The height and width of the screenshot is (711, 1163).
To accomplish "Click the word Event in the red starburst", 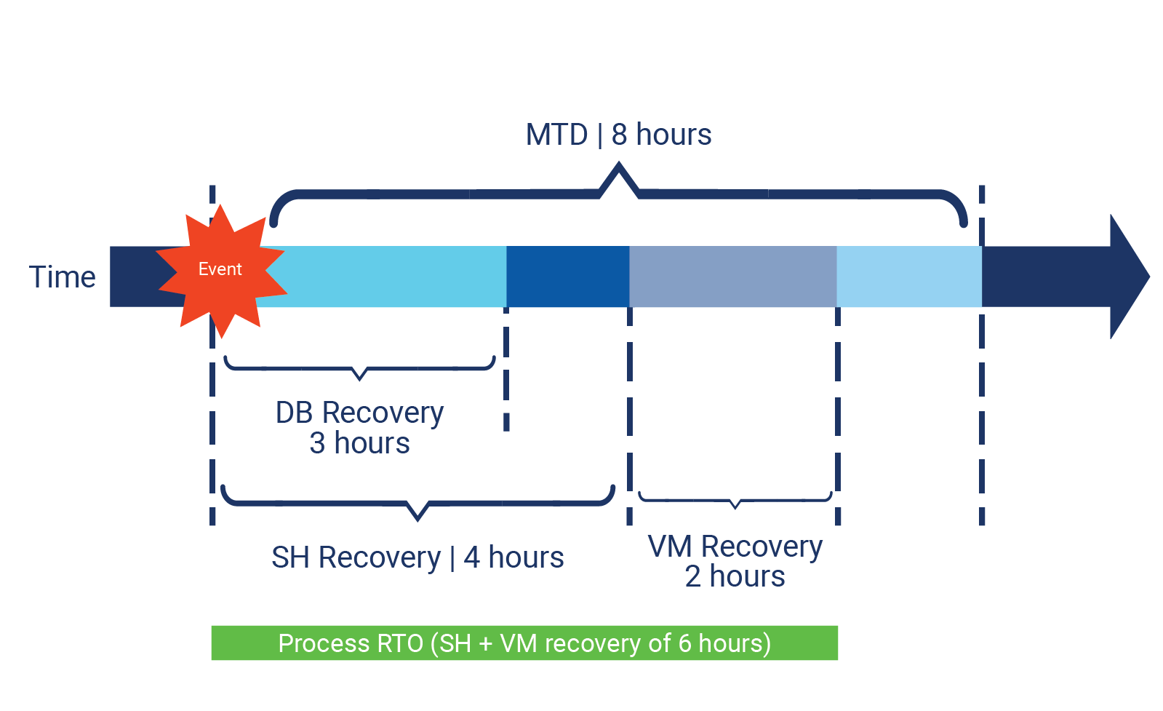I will click(220, 269).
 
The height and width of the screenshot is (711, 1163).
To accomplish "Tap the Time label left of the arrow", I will click(62, 277).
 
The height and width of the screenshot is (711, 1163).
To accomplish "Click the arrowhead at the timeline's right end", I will click(1128, 277).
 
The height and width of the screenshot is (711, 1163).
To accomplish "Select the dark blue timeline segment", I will click(567, 277).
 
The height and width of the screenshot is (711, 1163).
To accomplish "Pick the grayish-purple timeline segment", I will click(732, 277).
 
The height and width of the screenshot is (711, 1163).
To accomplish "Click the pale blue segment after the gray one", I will click(908, 277).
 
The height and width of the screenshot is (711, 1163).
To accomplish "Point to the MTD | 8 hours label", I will click(618, 135).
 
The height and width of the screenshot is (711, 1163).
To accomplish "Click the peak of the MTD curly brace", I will click(619, 169).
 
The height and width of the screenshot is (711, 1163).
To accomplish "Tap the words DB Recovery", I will click(359, 413).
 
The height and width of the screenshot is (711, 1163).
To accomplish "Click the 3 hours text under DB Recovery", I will click(359, 443).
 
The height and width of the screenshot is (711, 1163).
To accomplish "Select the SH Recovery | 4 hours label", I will click(417, 557).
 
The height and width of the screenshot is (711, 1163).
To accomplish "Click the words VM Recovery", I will click(735, 546).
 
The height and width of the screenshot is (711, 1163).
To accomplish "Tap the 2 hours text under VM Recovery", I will click(735, 576).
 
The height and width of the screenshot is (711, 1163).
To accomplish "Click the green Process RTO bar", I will click(524, 643).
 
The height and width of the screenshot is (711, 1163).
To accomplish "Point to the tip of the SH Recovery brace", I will click(417, 517).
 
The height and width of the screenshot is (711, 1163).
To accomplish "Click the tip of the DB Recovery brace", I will click(359, 378).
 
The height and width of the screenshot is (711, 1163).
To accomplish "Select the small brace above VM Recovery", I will click(735, 501).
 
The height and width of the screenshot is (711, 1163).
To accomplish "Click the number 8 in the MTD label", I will click(619, 135).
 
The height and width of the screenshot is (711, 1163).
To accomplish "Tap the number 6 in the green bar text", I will click(684, 643).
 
